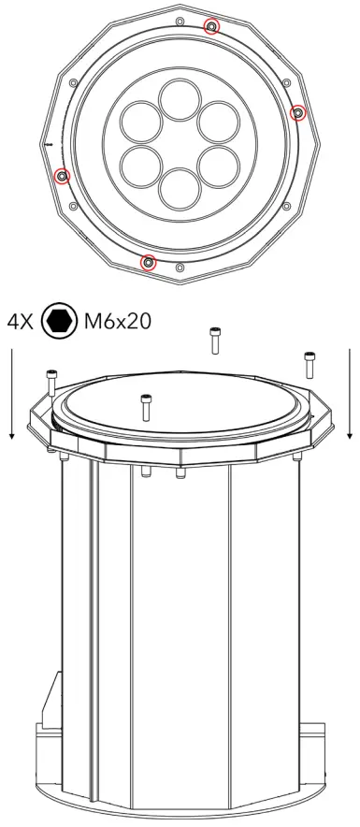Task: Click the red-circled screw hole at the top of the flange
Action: pos(212,25)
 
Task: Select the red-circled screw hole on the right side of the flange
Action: pos(298,113)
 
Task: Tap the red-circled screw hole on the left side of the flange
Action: pos(62,175)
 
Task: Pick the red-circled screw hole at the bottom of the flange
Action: pos(147,262)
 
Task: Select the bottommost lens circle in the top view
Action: pos(180,186)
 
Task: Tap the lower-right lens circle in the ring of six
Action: pos(217,163)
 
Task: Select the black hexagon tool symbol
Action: pos(61,322)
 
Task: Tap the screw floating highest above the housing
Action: pos(215,340)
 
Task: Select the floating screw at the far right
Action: pos(310,365)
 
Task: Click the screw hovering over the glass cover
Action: pos(145,407)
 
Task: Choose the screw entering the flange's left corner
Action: pos(52,383)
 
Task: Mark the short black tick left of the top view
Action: pos(45,145)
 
